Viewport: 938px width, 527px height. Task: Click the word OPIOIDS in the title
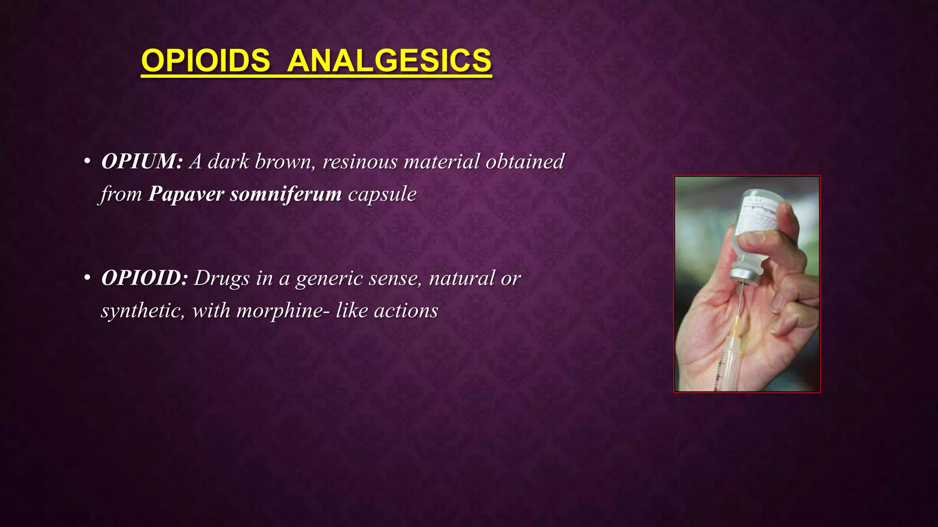tap(206, 60)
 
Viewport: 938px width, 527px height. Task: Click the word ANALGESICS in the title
tap(389, 60)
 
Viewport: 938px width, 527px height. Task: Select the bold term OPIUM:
tap(142, 161)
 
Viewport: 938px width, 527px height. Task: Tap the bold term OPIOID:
tap(144, 278)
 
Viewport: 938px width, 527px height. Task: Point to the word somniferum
tap(286, 194)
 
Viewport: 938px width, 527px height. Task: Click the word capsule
tap(382, 194)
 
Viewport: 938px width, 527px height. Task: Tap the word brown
tap(282, 161)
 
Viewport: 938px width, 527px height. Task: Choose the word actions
tap(406, 311)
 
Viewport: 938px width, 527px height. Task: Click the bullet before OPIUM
tap(87, 162)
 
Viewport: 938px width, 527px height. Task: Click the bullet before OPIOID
tap(87, 279)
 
